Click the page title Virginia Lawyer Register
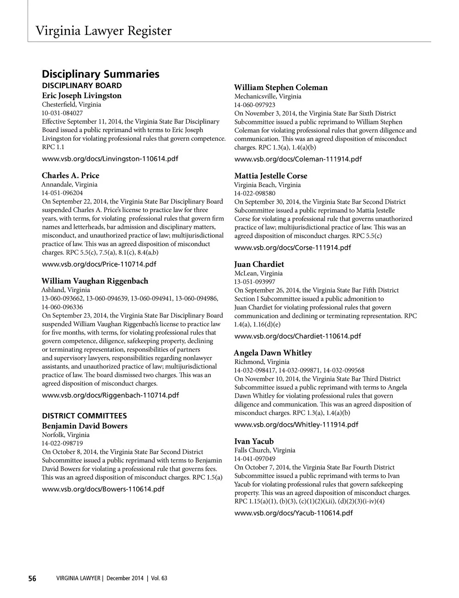(x=103, y=31)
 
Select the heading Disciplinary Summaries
(x=101, y=74)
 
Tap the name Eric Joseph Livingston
(x=81, y=96)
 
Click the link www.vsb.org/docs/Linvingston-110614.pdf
(x=110, y=159)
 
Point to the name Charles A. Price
(x=70, y=175)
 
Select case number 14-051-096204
(x=62, y=193)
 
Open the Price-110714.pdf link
(x=99, y=264)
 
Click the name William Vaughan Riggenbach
(x=95, y=281)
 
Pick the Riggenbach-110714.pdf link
(x=110, y=395)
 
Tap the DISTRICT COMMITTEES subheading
(x=84, y=416)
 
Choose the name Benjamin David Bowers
(x=85, y=426)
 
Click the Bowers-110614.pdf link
(x=103, y=489)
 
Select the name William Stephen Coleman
(x=281, y=88)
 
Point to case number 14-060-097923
(x=255, y=105)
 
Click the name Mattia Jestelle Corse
(x=271, y=176)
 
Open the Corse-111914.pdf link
(x=293, y=247)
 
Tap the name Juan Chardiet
(x=259, y=264)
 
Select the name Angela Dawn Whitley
(x=273, y=353)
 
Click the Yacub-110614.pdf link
(x=293, y=513)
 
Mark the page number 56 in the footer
(x=32, y=578)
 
